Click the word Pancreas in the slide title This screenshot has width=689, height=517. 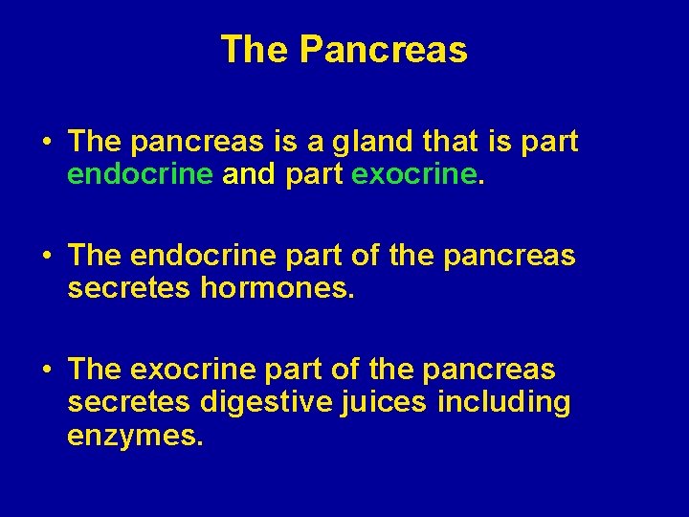pos(383,50)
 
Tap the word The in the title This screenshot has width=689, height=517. pos(254,50)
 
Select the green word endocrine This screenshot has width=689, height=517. pos(141,174)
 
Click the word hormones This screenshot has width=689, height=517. pos(278,288)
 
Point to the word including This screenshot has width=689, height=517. pos(503,402)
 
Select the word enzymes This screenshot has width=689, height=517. pos(135,436)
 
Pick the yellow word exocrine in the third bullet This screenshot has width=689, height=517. pos(191,370)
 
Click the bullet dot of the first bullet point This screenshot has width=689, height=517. pos(46,144)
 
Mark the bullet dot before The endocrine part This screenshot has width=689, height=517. pos(46,258)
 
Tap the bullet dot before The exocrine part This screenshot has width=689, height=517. pos(46,371)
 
